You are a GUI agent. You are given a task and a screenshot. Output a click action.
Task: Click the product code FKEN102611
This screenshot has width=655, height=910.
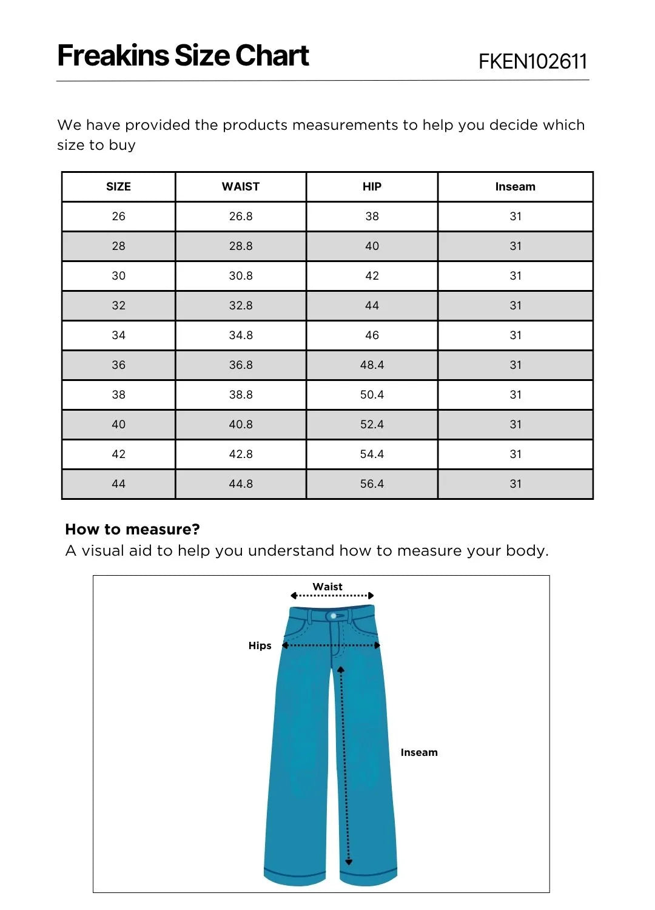pyautogui.click(x=532, y=61)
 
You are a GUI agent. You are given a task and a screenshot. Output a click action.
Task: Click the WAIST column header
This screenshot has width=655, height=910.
pyautogui.click(x=241, y=187)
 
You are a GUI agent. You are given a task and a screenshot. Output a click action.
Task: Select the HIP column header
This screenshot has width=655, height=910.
pyautogui.click(x=372, y=187)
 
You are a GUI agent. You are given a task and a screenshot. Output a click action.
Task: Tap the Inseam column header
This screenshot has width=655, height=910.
pyautogui.click(x=515, y=187)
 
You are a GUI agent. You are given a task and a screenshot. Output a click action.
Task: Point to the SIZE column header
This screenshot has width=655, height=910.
pyautogui.click(x=118, y=187)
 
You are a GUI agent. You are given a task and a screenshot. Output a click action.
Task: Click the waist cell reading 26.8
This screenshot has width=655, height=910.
pyautogui.click(x=241, y=217)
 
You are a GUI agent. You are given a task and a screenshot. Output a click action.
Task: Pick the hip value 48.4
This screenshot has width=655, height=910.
pyautogui.click(x=372, y=365)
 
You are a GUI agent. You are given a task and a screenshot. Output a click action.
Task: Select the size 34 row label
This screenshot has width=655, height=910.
pyautogui.click(x=118, y=335)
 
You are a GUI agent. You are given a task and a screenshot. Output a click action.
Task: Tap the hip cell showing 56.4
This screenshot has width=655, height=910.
pyautogui.click(x=372, y=484)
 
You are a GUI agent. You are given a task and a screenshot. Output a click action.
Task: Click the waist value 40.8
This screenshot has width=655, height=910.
pyautogui.click(x=241, y=425)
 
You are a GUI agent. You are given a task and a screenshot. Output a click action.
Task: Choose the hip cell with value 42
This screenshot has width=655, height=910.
pyautogui.click(x=372, y=276)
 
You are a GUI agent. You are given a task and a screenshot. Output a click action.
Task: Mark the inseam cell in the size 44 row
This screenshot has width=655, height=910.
pyautogui.click(x=515, y=484)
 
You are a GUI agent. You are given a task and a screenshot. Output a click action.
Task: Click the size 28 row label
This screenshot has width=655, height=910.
pyautogui.click(x=118, y=246)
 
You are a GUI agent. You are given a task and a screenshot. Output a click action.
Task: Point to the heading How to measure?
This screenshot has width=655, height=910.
pyautogui.click(x=132, y=530)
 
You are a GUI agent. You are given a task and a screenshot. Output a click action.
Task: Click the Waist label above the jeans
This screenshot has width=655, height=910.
pyautogui.click(x=327, y=587)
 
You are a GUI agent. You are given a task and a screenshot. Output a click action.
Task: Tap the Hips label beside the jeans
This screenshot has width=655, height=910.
pyautogui.click(x=260, y=645)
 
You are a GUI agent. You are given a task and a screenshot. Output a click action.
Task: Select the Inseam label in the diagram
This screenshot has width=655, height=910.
pyautogui.click(x=419, y=752)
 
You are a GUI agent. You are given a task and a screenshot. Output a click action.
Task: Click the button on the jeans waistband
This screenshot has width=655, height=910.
pyautogui.click(x=333, y=616)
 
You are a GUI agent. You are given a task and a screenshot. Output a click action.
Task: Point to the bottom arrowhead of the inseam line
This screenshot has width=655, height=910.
pyautogui.click(x=349, y=862)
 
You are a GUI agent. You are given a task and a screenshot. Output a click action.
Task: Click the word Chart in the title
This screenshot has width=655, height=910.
pyautogui.click(x=272, y=56)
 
